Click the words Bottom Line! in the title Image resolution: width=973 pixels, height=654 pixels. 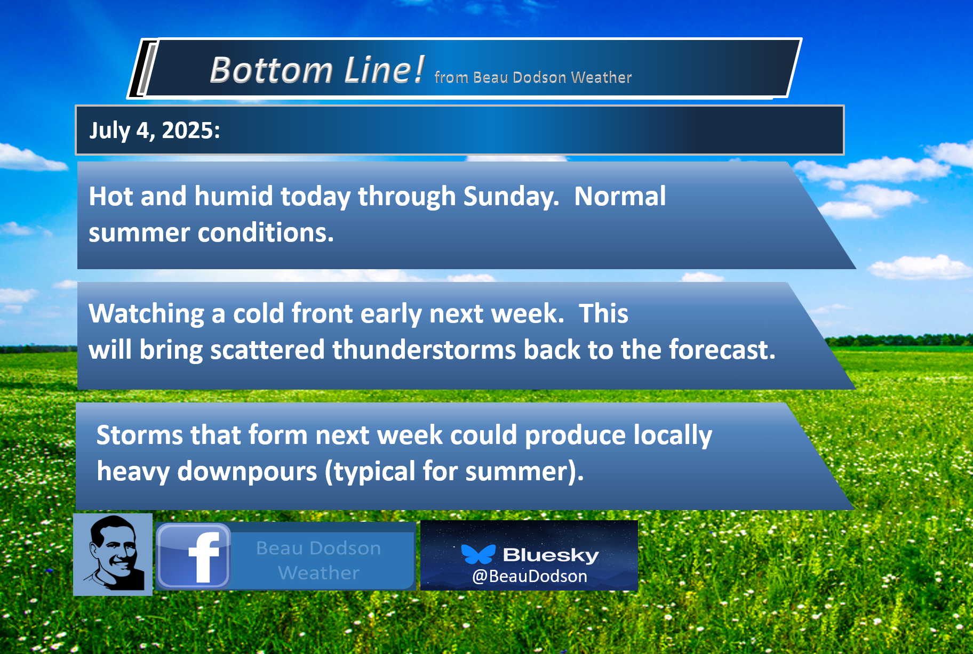[x=317, y=70]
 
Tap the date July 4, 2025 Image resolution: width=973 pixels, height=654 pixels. [x=155, y=131]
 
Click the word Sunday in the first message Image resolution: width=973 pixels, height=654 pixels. [x=511, y=197]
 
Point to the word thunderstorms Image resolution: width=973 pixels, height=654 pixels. [x=424, y=350]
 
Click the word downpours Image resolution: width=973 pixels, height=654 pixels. [x=247, y=472]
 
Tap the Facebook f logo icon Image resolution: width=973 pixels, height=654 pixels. [x=194, y=556]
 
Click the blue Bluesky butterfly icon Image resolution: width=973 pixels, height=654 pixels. [x=478, y=554]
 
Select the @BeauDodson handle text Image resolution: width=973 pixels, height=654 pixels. [x=530, y=576]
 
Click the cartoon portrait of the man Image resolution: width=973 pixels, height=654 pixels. [x=113, y=554]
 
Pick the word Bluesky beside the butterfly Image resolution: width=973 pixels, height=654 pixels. [x=551, y=555]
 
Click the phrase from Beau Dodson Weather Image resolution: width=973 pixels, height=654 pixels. [x=533, y=77]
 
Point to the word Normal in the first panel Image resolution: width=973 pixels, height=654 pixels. [x=620, y=196]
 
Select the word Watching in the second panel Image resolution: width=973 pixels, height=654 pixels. [x=146, y=314]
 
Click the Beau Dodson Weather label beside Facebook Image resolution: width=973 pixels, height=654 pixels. [x=318, y=560]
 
